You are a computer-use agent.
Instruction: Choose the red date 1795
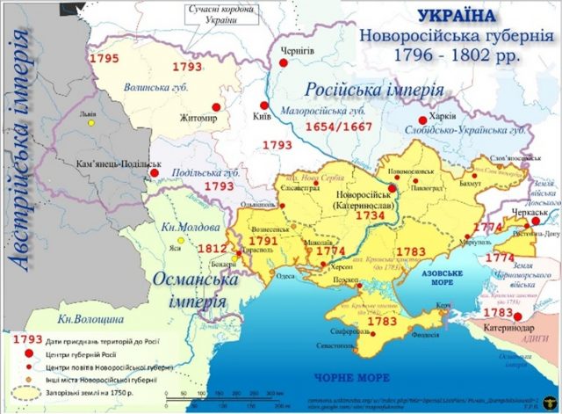click(x=104, y=57)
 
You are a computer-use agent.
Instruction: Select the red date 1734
click(x=369, y=214)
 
